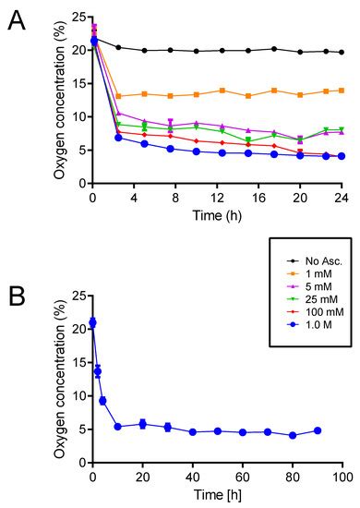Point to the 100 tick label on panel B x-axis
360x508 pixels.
pos(342,478)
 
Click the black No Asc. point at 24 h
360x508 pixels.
pos(342,53)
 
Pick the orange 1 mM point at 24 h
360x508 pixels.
pos(342,91)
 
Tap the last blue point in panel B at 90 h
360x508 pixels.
pos(317,430)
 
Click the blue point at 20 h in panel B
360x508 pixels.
pos(142,424)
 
